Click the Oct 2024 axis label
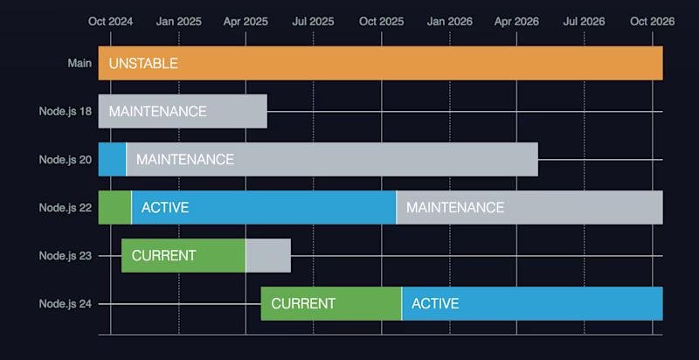110,22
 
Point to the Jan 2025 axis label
178,22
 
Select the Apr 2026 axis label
516,22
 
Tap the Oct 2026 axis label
653,22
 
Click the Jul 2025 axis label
313,22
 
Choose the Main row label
80,64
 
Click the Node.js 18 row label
66,112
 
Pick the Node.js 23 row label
66,255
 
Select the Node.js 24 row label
66,303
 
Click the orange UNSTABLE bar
380,63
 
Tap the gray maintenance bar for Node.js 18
183,111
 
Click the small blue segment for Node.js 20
112,159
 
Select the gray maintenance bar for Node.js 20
332,159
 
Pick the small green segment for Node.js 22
114,207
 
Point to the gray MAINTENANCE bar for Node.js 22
529,207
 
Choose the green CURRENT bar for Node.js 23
183,255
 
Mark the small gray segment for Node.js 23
268,255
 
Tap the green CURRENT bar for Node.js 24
331,303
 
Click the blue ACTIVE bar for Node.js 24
532,303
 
